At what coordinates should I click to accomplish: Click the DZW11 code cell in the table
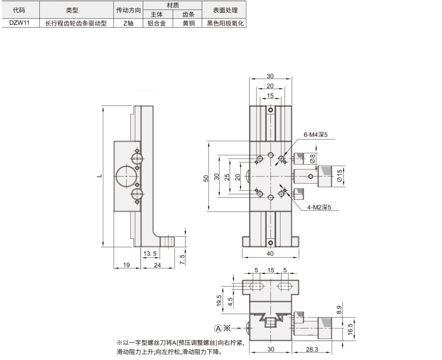(19, 23)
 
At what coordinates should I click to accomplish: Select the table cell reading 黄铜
(188, 23)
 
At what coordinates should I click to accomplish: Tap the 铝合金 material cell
(158, 23)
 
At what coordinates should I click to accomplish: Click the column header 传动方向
(128, 10)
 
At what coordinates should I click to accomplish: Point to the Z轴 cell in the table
(128, 23)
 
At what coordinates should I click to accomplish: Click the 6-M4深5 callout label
(316, 135)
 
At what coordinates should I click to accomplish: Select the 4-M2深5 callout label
(318, 208)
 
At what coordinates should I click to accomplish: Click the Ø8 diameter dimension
(312, 159)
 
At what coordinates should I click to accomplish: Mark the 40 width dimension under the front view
(270, 254)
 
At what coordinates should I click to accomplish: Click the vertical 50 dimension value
(206, 176)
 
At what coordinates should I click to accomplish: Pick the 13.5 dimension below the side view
(150, 253)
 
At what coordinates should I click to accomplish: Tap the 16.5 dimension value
(350, 328)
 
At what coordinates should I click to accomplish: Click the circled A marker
(218, 328)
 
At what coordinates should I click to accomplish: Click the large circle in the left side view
(125, 176)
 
